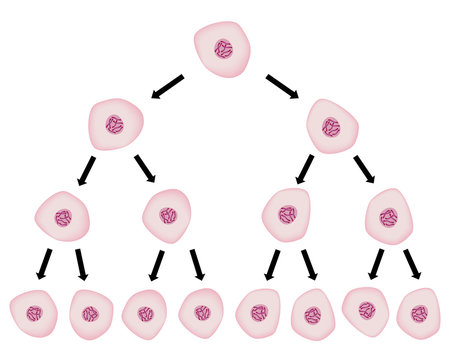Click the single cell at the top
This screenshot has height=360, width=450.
click(x=223, y=50)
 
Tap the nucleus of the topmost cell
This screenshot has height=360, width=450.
click(x=224, y=49)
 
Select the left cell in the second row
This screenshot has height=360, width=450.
click(x=116, y=126)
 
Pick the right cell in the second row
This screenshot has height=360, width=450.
click(x=332, y=126)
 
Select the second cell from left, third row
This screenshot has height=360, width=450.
click(x=168, y=215)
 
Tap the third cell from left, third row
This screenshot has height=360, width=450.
click(x=287, y=215)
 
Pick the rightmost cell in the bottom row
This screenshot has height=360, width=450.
click(x=418, y=312)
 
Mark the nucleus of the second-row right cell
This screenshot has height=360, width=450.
click(x=331, y=127)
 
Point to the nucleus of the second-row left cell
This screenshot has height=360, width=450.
click(x=116, y=125)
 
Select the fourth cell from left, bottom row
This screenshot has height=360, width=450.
click(x=201, y=312)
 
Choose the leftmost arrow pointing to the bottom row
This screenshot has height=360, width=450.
click(x=42, y=264)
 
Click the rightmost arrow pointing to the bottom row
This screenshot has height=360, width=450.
click(x=413, y=264)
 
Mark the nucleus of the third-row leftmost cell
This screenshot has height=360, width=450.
click(x=64, y=217)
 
